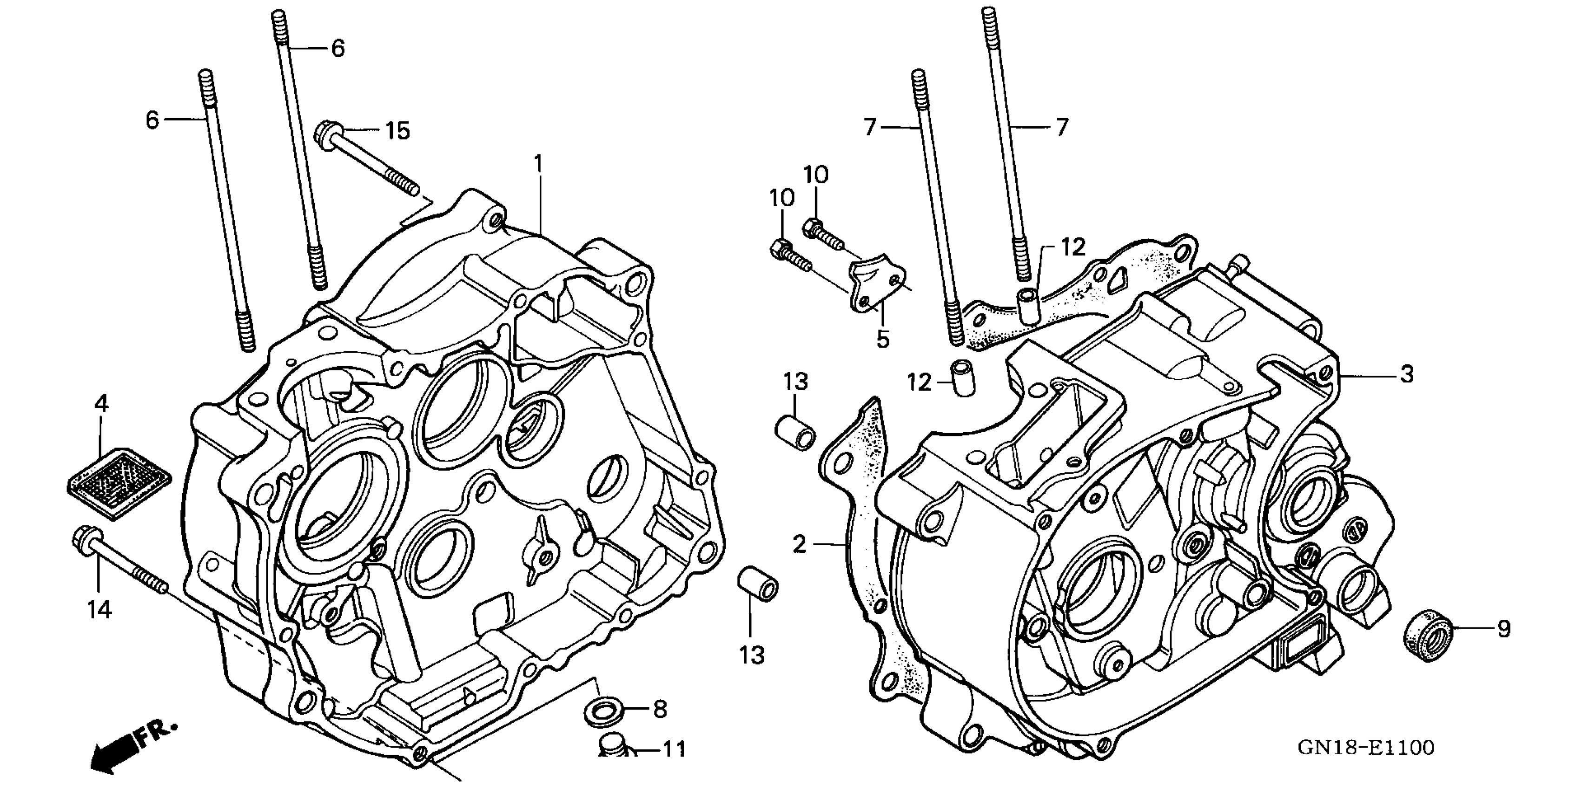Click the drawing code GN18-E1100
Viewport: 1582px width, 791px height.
(x=1365, y=748)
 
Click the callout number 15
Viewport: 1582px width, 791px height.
(x=397, y=131)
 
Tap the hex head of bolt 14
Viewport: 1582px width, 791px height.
(x=81, y=540)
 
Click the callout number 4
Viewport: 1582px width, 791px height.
(x=101, y=404)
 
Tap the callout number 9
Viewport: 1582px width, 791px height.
(x=1503, y=629)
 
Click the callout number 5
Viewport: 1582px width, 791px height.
(x=882, y=339)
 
